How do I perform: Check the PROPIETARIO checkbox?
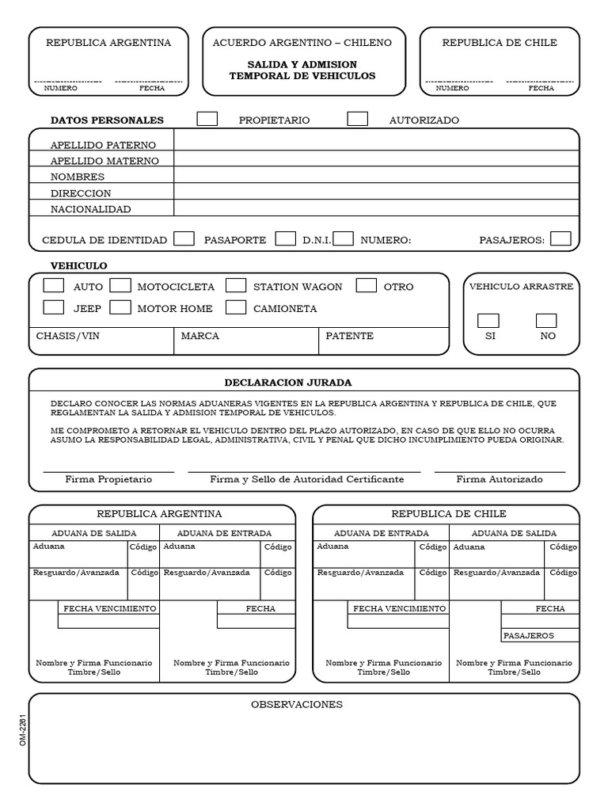click(x=207, y=119)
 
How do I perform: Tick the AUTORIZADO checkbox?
click(x=358, y=119)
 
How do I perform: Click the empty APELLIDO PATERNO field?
click(x=376, y=144)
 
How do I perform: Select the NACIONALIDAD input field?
click(x=376, y=209)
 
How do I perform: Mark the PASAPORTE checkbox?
click(x=286, y=238)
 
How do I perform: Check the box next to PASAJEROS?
click(x=560, y=238)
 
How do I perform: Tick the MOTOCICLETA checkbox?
click(x=120, y=286)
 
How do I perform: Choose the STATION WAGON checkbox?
click(x=236, y=286)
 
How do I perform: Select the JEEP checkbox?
click(x=54, y=307)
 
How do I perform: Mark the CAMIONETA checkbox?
click(x=236, y=307)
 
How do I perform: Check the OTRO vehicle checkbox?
click(x=367, y=286)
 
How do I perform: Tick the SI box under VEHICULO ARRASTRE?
click(x=488, y=321)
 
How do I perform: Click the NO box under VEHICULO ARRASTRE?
click(x=546, y=321)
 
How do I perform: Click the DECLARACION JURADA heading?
click(x=288, y=383)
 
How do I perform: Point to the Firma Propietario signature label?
click(x=108, y=479)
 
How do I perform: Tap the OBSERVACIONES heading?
click(x=297, y=704)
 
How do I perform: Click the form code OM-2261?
click(x=23, y=729)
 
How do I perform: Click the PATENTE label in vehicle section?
click(x=349, y=336)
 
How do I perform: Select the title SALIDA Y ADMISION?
click(x=302, y=64)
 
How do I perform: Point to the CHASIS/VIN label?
click(x=68, y=336)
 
